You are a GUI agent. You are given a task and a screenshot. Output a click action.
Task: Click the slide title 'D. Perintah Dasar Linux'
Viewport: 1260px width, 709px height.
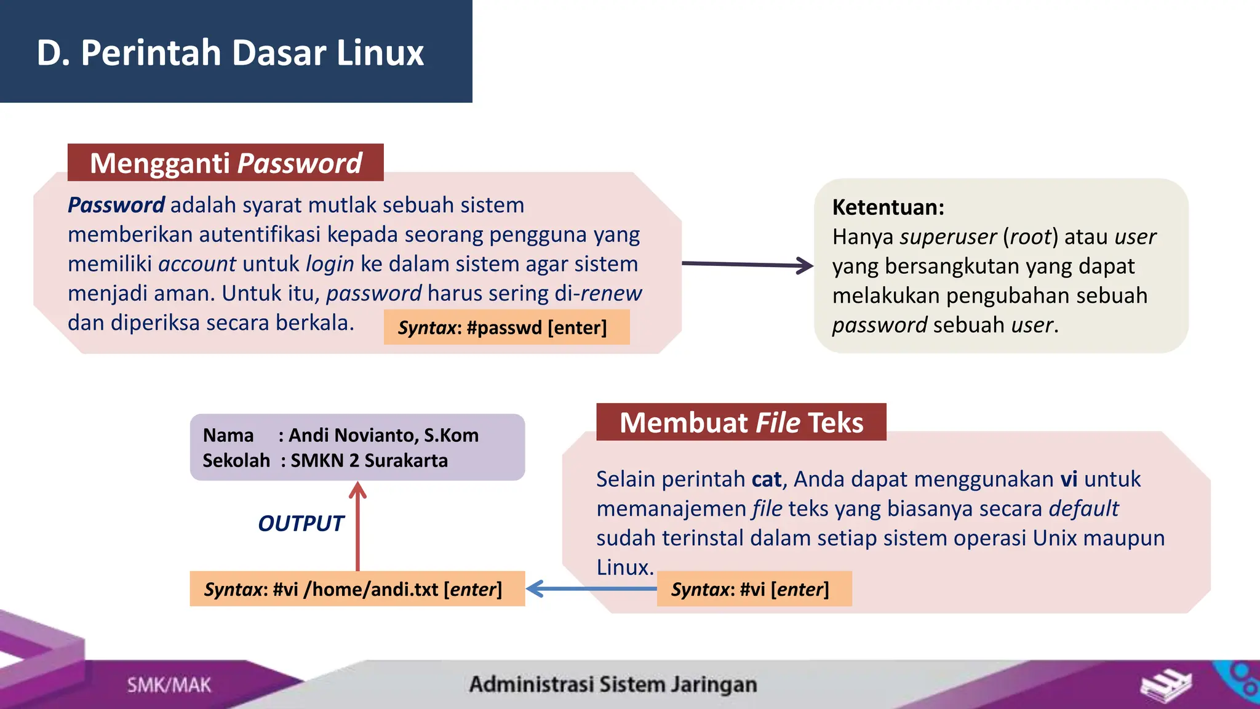click(230, 52)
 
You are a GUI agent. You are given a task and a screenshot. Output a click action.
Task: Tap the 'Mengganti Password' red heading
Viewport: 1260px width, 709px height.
click(226, 163)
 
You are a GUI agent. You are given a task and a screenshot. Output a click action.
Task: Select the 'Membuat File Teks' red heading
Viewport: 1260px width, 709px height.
click(741, 423)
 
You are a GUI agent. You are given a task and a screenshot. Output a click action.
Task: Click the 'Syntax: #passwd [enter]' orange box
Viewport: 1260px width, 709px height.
click(506, 327)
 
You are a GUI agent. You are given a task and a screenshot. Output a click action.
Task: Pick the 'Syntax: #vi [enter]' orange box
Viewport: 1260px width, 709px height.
click(754, 589)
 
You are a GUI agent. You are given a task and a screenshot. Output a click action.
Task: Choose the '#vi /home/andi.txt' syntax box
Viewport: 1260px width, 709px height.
click(357, 589)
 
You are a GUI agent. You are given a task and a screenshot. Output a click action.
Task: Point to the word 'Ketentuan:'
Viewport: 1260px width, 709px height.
click(888, 207)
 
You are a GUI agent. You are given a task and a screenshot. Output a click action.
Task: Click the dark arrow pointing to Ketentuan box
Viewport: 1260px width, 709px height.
click(747, 265)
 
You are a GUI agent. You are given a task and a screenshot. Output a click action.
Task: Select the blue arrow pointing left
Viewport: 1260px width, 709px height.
click(591, 589)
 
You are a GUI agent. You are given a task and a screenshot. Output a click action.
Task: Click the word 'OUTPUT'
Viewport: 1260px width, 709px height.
click(300, 524)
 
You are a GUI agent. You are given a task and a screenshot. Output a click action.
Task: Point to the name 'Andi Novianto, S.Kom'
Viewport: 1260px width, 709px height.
click(383, 435)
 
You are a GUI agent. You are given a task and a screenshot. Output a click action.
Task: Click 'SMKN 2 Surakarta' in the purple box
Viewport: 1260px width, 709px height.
click(369, 460)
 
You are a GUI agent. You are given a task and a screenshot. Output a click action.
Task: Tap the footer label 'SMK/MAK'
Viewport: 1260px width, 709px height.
click(169, 685)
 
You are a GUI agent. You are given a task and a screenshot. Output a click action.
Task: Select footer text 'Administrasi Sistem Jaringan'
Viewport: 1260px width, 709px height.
click(613, 684)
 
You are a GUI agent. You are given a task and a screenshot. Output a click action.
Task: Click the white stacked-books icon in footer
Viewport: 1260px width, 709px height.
click(1165, 686)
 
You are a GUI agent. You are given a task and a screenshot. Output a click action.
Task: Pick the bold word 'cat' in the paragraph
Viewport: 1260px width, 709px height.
click(766, 479)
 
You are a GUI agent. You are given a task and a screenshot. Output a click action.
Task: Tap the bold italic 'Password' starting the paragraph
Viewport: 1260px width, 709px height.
click(116, 205)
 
